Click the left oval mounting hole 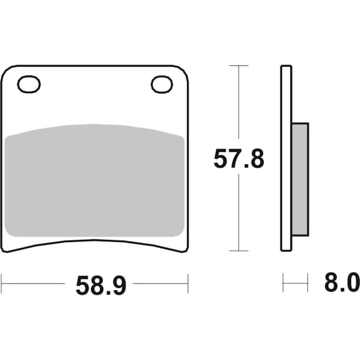tap(29, 85)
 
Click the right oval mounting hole tap(161, 85)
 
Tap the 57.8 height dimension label tap(239, 159)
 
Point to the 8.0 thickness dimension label tap(341, 282)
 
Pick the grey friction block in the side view tap(300, 179)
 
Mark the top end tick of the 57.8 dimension tap(239, 65)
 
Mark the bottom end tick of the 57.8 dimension tap(239, 251)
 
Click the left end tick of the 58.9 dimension tap(2, 282)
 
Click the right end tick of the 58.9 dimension tap(188, 282)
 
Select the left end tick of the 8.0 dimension tap(283, 282)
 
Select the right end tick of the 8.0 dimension tap(308, 282)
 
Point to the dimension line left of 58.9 tap(33, 282)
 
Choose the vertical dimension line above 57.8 tap(239, 102)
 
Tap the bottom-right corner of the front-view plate tap(186, 249)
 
